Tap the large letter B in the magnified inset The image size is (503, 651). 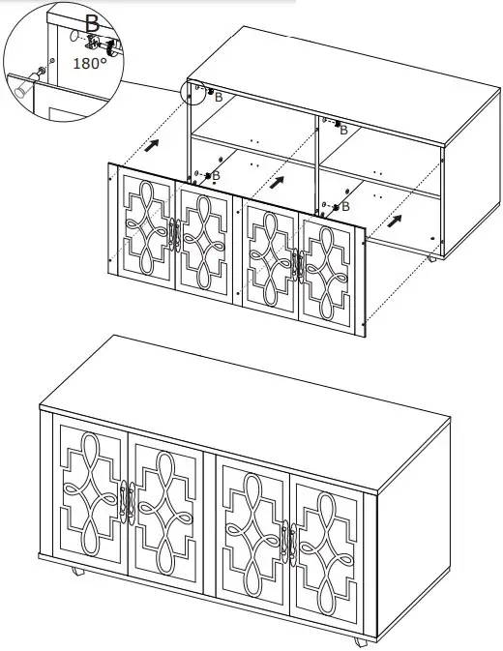pyautogui.click(x=91, y=20)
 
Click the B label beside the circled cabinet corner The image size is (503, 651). pyautogui.click(x=219, y=97)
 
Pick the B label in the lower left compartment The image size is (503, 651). pyautogui.click(x=215, y=175)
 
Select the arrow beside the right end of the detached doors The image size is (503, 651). pyautogui.click(x=396, y=220)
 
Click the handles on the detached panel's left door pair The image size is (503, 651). pyautogui.click(x=175, y=235)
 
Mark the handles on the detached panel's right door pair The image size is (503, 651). pyautogui.click(x=300, y=263)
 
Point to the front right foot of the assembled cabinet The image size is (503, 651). pyautogui.click(x=360, y=641)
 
